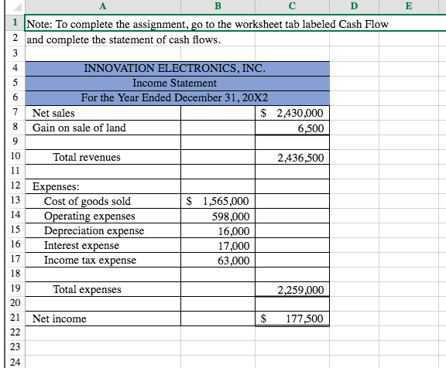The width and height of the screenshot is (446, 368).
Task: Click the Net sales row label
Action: pos(54,113)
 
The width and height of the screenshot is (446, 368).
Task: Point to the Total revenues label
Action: pos(87,157)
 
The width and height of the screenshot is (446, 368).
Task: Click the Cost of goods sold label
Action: pos(87,201)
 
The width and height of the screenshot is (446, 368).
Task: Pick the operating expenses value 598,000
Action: pos(230,216)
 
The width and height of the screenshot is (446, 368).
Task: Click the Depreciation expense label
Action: pos(94,230)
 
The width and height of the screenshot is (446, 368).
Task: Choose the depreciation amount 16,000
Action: pos(234,231)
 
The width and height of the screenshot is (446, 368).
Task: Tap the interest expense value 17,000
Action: pos(234,245)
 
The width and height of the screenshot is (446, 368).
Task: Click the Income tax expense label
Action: pos(90,260)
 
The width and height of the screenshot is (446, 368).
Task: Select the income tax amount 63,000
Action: pos(234,261)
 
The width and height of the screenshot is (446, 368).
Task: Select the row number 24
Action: pos(14,361)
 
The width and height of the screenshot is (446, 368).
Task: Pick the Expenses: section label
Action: pos(55,186)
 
